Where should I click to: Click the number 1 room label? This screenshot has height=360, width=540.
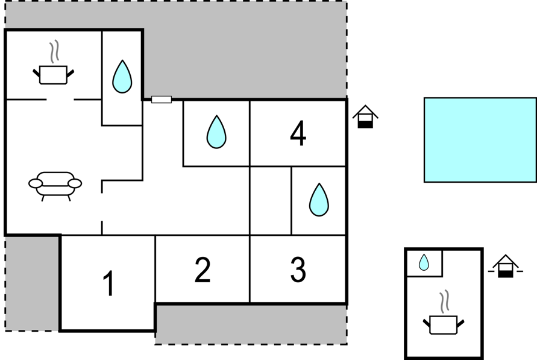coord(109,283)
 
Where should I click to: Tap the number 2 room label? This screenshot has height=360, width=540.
coord(202,270)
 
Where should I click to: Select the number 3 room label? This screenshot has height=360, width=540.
coord(298,270)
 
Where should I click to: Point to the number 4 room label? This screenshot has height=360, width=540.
coord(298,133)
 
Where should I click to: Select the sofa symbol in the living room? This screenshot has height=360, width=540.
coord(55,186)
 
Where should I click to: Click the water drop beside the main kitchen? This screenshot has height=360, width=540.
coord(122,77)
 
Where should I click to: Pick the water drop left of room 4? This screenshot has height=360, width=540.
coord(216,132)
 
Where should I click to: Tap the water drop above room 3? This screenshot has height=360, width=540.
coord(319,200)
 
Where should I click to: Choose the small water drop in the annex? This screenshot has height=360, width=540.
coord(424,262)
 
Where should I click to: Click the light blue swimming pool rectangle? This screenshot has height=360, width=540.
coord(480,140)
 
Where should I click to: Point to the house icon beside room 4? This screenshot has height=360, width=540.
coord(365,117)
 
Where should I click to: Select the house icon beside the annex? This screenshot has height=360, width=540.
coord(506,266)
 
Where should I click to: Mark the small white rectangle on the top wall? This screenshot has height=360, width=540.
coord(162,99)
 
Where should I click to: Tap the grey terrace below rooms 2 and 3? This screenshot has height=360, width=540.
coord(251,324)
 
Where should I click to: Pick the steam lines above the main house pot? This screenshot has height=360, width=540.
coord(54,51)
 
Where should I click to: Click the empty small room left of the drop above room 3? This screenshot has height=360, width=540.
coord(271,201)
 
